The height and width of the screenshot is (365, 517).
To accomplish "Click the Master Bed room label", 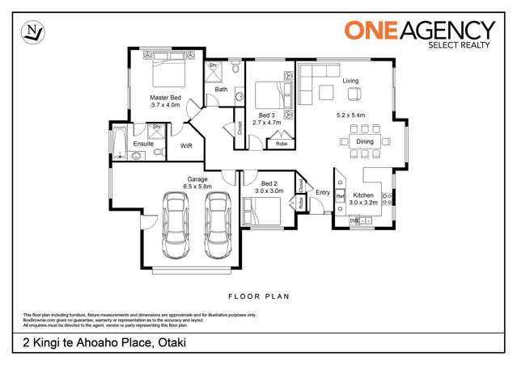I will point(165,96).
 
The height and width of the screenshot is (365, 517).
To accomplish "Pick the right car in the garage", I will point(218,225).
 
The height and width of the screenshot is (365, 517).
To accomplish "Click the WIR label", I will point(186,146).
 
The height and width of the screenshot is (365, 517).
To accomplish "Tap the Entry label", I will point(323,192).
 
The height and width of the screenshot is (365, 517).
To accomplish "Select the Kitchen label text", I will point(363,195).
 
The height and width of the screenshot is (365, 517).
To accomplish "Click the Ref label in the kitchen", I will point(341,196).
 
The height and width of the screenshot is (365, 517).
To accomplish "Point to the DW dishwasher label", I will point(354,220).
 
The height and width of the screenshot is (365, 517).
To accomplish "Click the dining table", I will point(364,142).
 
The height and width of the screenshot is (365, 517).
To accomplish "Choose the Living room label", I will point(350,81).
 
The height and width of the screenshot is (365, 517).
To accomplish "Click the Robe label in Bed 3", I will point(282,144).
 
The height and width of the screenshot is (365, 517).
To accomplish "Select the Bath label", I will point(221,90).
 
